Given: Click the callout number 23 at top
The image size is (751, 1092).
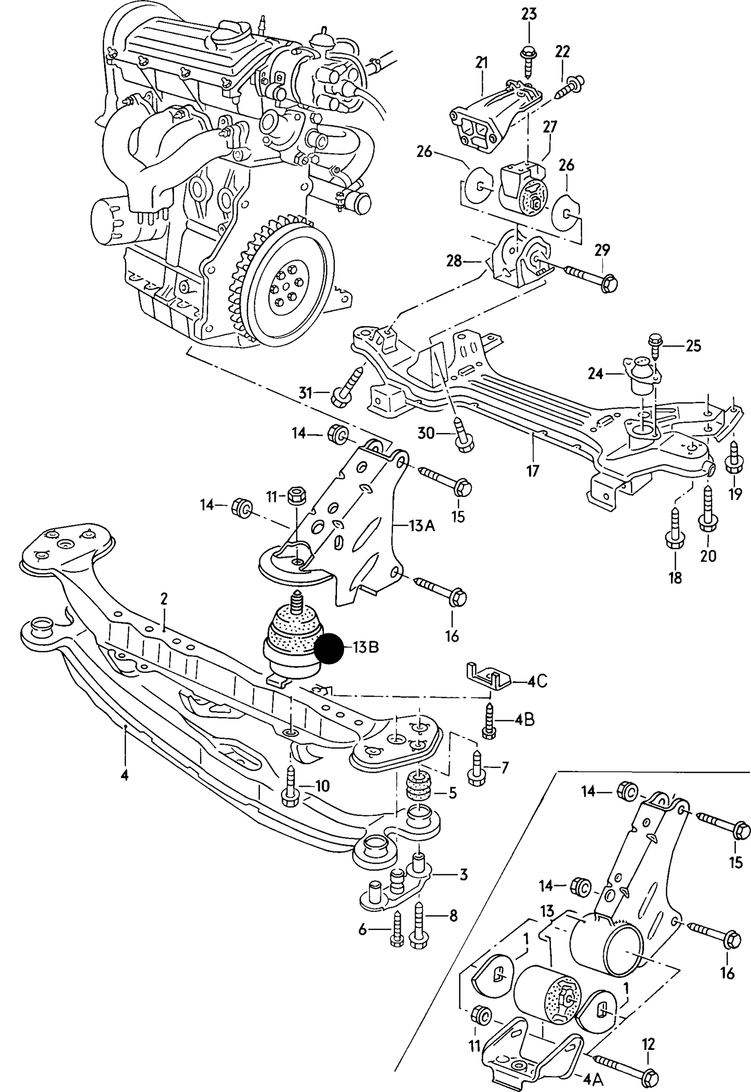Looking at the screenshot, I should coord(529,14).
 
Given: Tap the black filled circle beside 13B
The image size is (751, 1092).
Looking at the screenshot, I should coord(329,649).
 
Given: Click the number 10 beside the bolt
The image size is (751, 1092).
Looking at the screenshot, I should coord(322,786).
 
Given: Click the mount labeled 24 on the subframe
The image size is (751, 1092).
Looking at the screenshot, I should coord(640,375).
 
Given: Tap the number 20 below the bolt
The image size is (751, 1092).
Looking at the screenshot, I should coord(708,556).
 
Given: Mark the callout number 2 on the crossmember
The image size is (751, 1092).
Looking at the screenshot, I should coord(164,599).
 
